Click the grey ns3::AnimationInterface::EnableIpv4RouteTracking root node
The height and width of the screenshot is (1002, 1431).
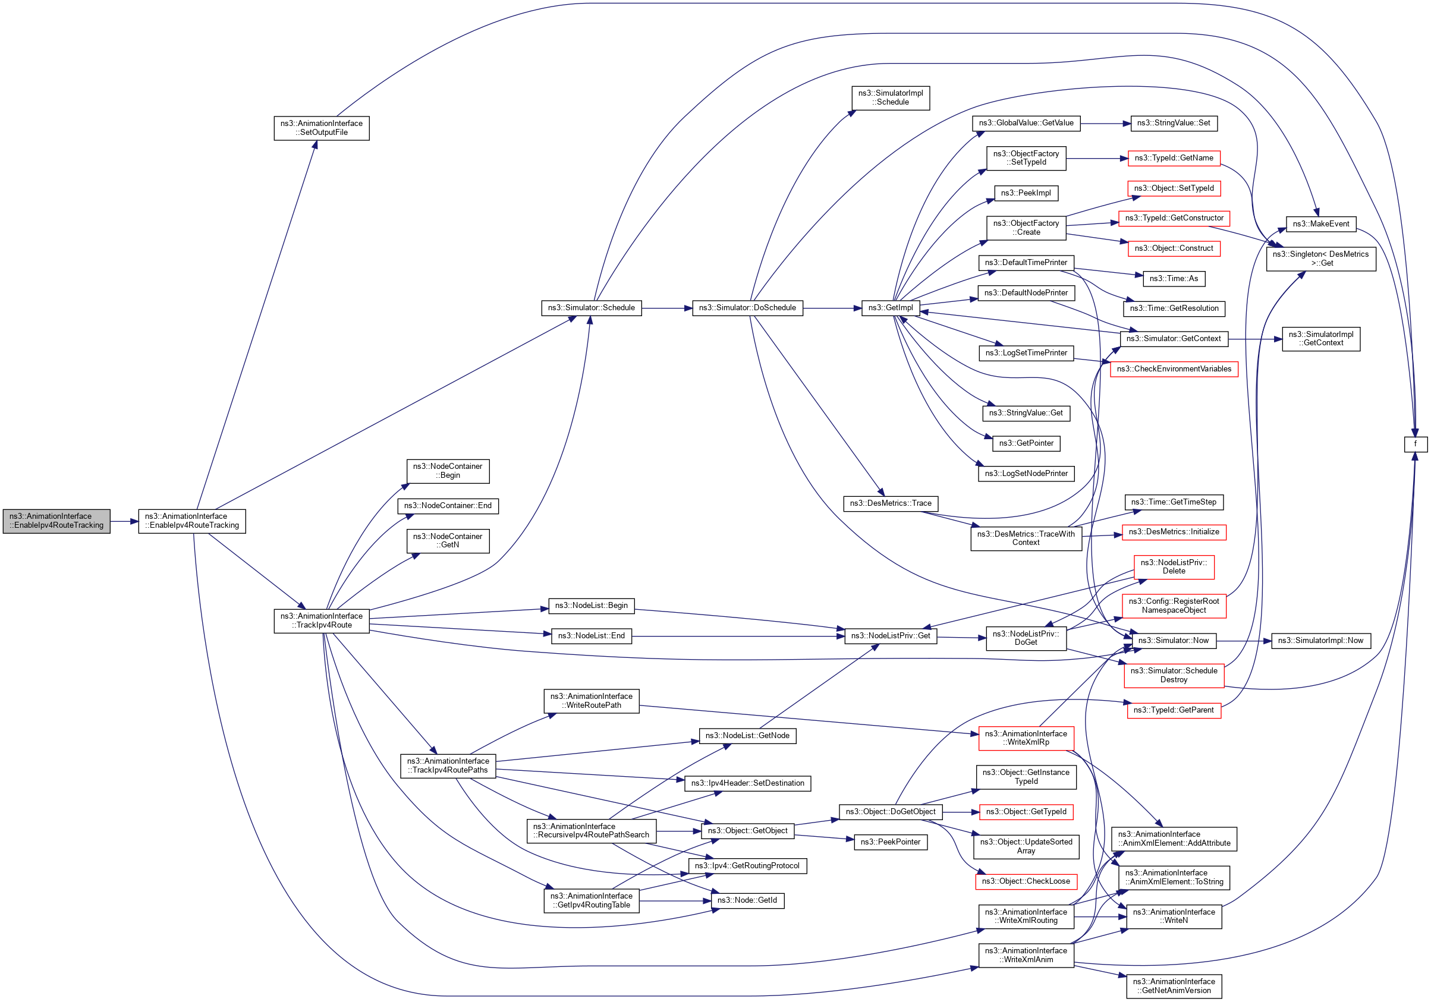pos(56,521)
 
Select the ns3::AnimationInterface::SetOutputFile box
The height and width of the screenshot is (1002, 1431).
pos(322,128)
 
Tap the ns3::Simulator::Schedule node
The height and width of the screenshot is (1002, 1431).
pos(591,308)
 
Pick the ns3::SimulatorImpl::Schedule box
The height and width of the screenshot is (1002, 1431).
pos(891,98)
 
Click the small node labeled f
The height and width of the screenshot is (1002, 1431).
pos(1416,445)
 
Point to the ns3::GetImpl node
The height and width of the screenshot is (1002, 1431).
pos(891,308)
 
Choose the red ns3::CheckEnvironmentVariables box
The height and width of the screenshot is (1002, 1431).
pos(1174,369)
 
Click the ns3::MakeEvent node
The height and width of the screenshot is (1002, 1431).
pos(1320,224)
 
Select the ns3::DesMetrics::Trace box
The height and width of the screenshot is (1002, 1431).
pos(891,503)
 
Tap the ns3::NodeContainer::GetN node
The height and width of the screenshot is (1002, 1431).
pos(448,541)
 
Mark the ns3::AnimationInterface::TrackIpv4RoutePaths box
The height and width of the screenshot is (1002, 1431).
pos(448,766)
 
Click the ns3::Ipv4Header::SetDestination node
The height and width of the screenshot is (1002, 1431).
pos(747,783)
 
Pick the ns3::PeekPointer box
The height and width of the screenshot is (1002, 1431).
pos(891,843)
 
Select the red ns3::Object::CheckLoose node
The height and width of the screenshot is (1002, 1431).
pos(1026,882)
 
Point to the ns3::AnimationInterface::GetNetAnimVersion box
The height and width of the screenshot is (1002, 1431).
pos(1174,987)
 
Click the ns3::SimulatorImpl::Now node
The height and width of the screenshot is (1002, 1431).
pos(1320,641)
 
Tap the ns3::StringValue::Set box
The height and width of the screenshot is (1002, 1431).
pos(1174,124)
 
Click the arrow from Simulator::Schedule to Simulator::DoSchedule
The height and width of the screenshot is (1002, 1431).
pos(667,308)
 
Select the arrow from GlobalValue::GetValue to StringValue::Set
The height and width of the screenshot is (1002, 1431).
pos(1105,124)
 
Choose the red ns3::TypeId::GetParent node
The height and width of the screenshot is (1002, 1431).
pos(1174,710)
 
